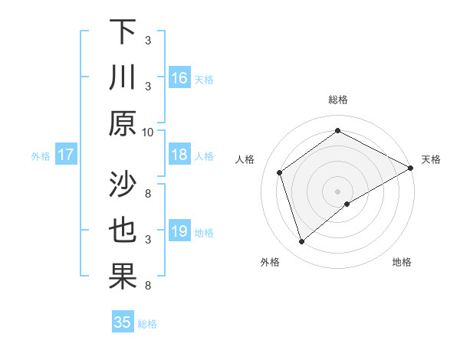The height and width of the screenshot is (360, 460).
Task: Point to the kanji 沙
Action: coord(123,184)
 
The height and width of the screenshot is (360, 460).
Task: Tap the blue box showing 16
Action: coord(179,77)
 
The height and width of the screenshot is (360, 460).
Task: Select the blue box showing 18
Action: coord(179,155)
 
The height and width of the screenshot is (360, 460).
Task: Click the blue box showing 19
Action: coord(179,231)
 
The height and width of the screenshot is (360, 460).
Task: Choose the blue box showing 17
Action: coord(66,155)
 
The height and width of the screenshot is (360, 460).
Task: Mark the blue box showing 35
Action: coord(123,322)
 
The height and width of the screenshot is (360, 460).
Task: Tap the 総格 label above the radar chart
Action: coord(338,100)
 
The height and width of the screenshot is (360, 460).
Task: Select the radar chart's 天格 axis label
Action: coord(431,159)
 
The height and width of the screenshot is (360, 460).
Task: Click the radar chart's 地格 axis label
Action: coord(402,262)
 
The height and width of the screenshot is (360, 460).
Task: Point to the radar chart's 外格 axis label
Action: coord(270,262)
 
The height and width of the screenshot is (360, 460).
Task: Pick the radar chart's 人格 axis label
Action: coord(245,159)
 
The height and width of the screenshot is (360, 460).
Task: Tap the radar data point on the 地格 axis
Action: coord(347,204)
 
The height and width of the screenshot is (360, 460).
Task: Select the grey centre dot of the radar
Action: coord(338,191)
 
